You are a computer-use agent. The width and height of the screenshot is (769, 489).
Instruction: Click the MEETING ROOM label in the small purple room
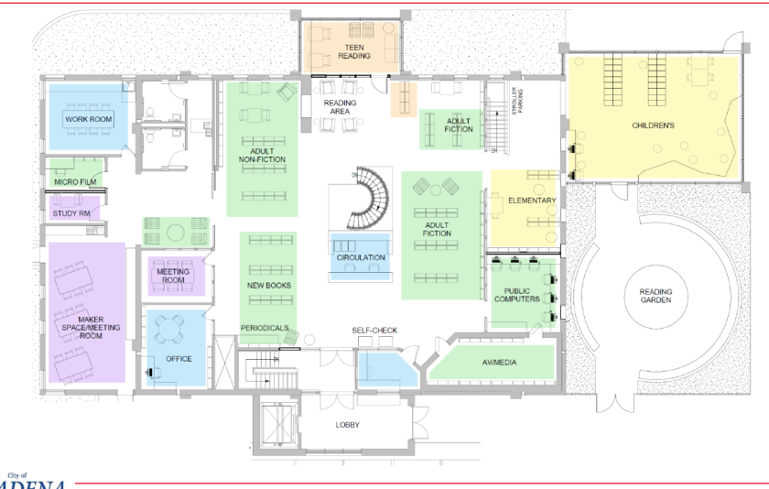(173, 276)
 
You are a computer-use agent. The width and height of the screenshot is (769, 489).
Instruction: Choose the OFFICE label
(179, 358)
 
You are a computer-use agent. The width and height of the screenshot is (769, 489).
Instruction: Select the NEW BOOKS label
(268, 286)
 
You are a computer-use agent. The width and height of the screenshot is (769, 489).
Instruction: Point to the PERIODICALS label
(265, 328)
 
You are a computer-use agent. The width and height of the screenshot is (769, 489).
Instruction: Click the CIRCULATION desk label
(361, 257)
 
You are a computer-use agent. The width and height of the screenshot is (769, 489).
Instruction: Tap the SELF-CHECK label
(374, 330)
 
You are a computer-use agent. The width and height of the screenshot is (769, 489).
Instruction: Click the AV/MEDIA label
(498, 363)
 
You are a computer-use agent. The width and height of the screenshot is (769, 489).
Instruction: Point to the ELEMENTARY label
(532, 200)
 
